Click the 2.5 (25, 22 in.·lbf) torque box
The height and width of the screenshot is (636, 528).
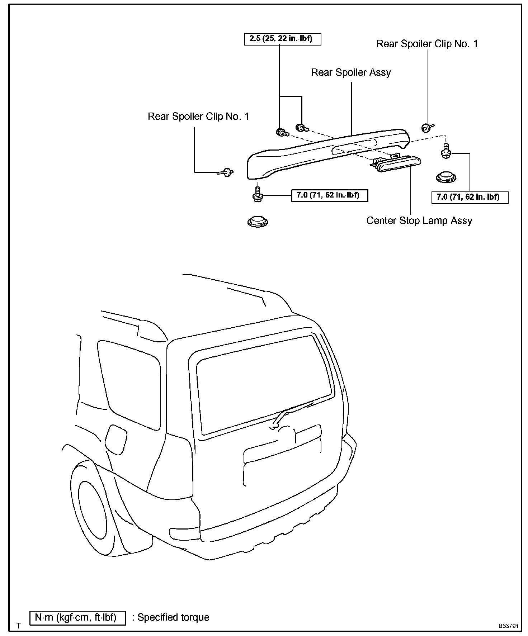[x=283, y=39]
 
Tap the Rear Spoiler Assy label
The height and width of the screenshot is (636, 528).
[x=350, y=72]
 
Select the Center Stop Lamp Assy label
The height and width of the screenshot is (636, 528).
[x=419, y=220]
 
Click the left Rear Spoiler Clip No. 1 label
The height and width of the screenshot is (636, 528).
[x=198, y=117]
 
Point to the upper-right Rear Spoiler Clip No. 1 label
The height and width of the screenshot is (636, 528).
[x=427, y=44]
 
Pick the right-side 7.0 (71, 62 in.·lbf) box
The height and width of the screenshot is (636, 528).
[x=470, y=197]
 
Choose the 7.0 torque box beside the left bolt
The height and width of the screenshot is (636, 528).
[x=329, y=195]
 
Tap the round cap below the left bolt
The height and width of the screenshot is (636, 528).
[x=258, y=222]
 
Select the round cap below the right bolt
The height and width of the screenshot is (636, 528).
[x=446, y=177]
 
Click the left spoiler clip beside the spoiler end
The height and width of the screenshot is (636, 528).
[x=226, y=172]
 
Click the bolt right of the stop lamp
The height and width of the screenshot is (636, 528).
[x=446, y=151]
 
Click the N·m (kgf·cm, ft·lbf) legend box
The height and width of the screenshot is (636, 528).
[x=77, y=618]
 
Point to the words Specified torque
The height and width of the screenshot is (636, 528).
[x=174, y=617]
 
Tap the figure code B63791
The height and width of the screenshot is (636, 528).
[x=509, y=626]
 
